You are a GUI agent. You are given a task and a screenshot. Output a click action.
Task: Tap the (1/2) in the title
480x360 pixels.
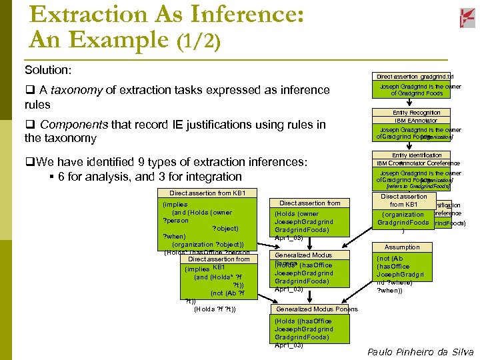pyautogui.click(x=198, y=40)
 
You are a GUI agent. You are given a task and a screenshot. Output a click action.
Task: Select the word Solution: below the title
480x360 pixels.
pyautogui.click(x=48, y=70)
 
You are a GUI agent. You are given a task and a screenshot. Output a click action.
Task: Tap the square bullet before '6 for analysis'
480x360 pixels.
pyautogui.click(x=52, y=177)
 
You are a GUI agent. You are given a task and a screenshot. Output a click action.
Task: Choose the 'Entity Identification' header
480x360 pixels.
pyautogui.click(x=416, y=155)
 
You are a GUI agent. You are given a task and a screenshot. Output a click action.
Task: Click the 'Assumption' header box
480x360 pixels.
pyautogui.click(x=402, y=247)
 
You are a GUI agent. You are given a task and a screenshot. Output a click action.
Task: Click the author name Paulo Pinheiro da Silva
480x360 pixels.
pyautogui.click(x=420, y=351)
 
